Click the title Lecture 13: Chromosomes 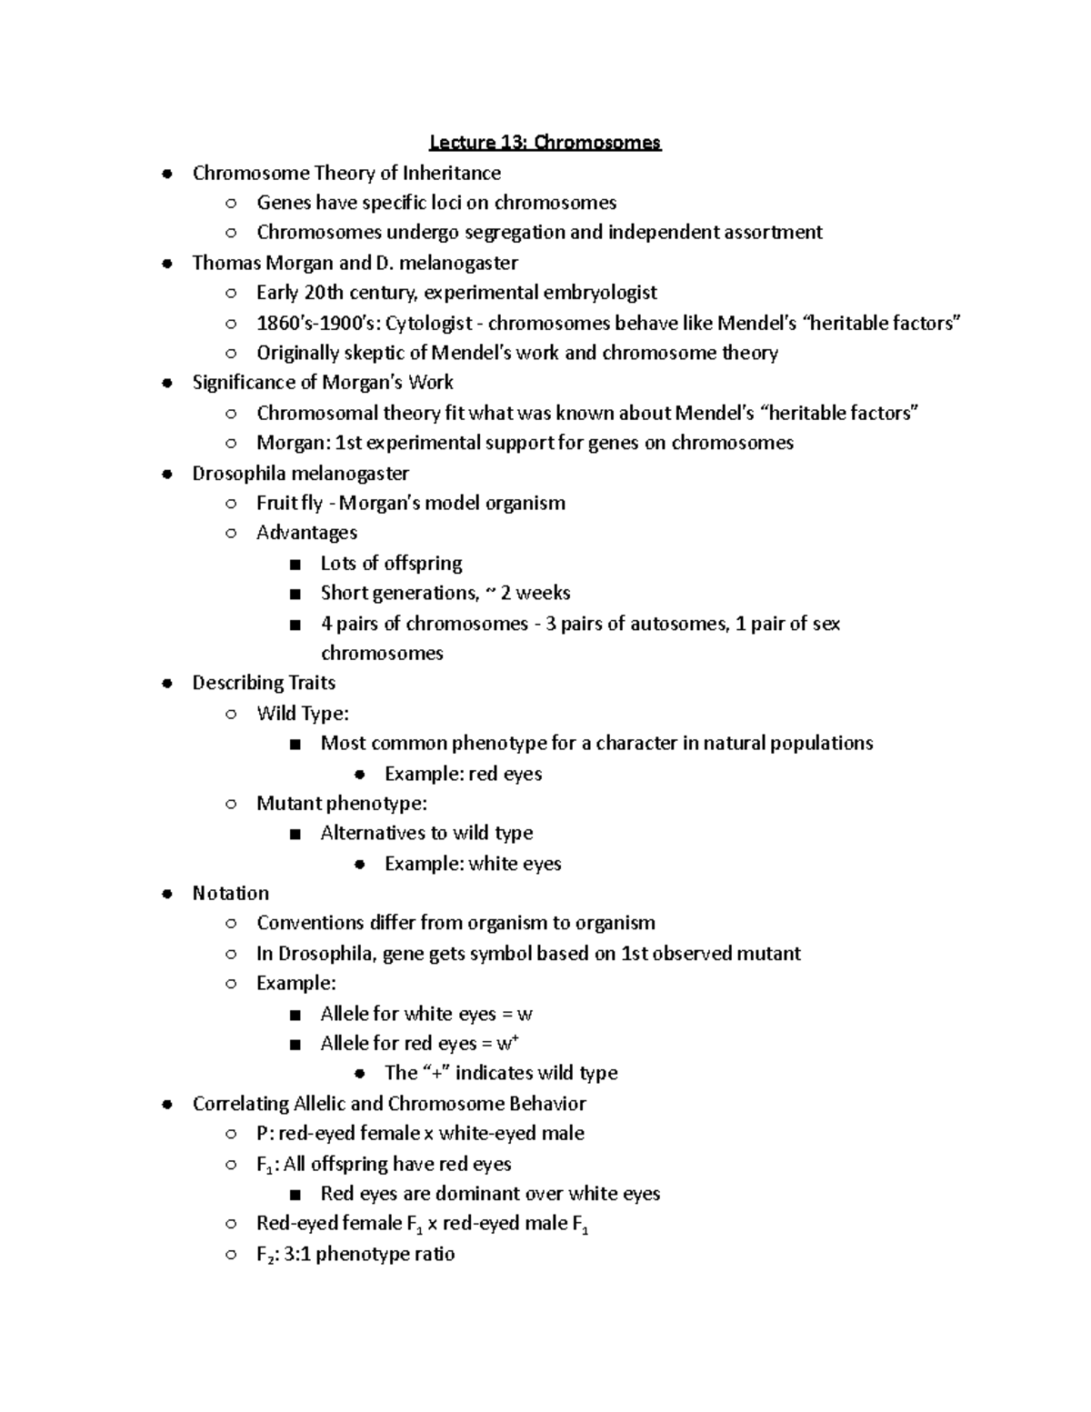[x=545, y=143]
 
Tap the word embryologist [x=600, y=293]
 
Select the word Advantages [x=306, y=533]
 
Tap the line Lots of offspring [x=391, y=563]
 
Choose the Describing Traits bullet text [x=264, y=683]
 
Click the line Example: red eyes [x=463, y=774]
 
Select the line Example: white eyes [x=473, y=864]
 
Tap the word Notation [x=230, y=893]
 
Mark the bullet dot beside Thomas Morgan [x=166, y=264]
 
